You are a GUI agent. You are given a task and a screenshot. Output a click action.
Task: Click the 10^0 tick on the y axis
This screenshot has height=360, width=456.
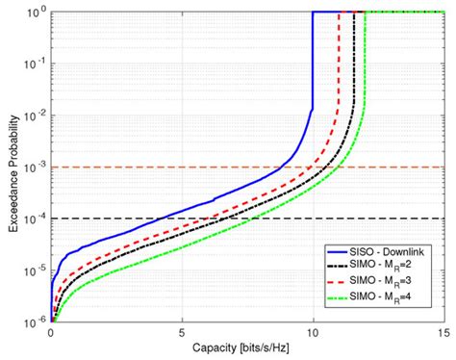click(36, 13)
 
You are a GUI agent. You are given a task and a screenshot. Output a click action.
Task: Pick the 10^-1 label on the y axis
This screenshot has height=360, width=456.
click(36, 64)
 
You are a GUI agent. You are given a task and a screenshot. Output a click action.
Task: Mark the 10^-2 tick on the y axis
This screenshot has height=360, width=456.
click(36, 116)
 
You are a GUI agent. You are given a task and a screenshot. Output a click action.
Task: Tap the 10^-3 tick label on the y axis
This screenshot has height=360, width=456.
click(36, 168)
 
